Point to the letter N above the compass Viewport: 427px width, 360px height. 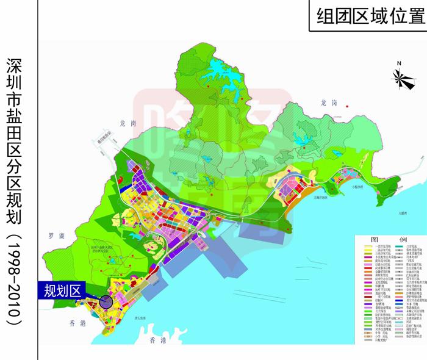pyautogui.click(x=398, y=63)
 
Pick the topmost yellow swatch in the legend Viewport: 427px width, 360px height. pyautogui.click(x=367, y=248)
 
